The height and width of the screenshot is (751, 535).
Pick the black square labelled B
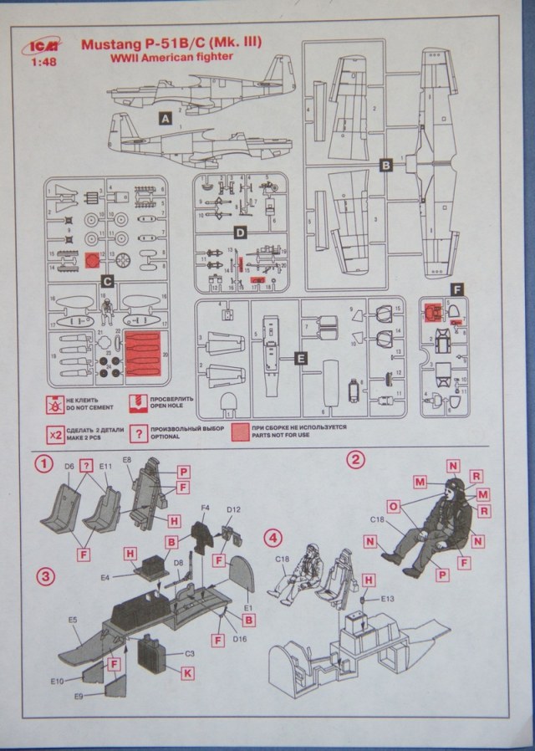386,165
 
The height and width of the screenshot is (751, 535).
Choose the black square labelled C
106,282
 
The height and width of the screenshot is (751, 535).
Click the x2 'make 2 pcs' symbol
56,434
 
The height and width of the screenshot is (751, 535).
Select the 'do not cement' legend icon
56,405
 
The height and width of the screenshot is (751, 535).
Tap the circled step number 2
355,458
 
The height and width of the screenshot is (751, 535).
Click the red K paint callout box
187,672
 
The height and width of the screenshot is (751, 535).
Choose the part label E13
385,599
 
